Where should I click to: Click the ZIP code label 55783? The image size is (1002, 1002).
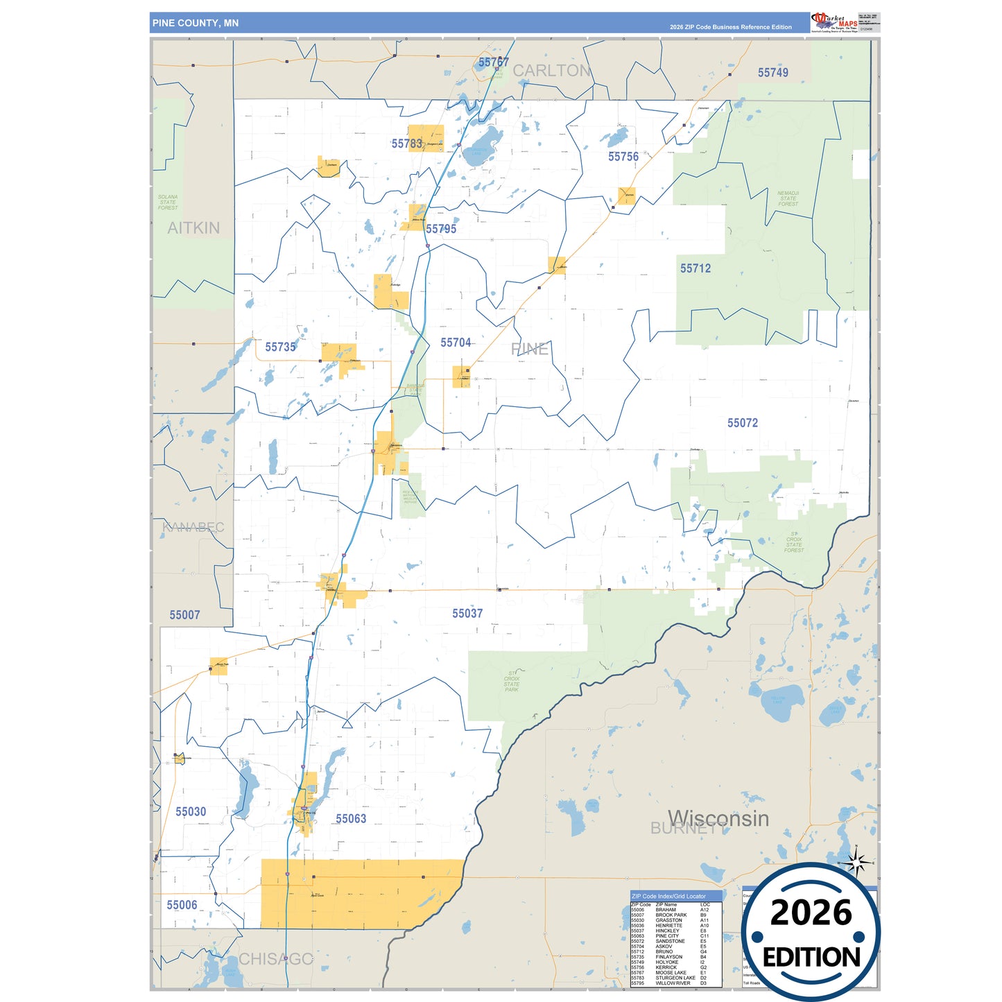pyautogui.click(x=406, y=144)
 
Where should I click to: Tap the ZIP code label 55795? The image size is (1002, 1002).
pyautogui.click(x=441, y=229)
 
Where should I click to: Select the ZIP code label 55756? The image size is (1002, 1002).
pyautogui.click(x=623, y=157)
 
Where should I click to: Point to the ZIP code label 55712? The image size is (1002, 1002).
pyautogui.click(x=696, y=268)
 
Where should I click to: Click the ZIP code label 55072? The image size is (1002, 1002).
pyautogui.click(x=743, y=423)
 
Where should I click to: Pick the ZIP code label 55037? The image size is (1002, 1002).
pyautogui.click(x=467, y=614)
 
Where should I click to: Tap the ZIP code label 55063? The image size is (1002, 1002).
pyautogui.click(x=351, y=819)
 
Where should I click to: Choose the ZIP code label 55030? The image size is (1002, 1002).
pyautogui.click(x=191, y=812)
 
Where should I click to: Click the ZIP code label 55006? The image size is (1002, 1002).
pyautogui.click(x=182, y=905)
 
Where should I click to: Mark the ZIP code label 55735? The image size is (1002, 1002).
pyautogui.click(x=280, y=347)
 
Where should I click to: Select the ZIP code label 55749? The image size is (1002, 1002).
pyautogui.click(x=772, y=73)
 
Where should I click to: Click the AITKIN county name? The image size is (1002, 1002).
pyautogui.click(x=193, y=228)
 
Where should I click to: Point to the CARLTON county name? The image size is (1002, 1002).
pyautogui.click(x=551, y=71)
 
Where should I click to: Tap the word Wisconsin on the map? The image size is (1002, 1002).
pyautogui.click(x=718, y=818)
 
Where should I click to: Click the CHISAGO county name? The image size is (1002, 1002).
pyautogui.click(x=276, y=959)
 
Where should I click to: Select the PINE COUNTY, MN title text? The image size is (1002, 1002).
pyautogui.click(x=196, y=23)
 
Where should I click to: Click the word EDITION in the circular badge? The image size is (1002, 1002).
pyautogui.click(x=811, y=958)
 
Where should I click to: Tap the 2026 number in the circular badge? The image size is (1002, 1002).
pyautogui.click(x=811, y=913)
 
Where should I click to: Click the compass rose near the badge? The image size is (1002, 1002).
pyautogui.click(x=857, y=863)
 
